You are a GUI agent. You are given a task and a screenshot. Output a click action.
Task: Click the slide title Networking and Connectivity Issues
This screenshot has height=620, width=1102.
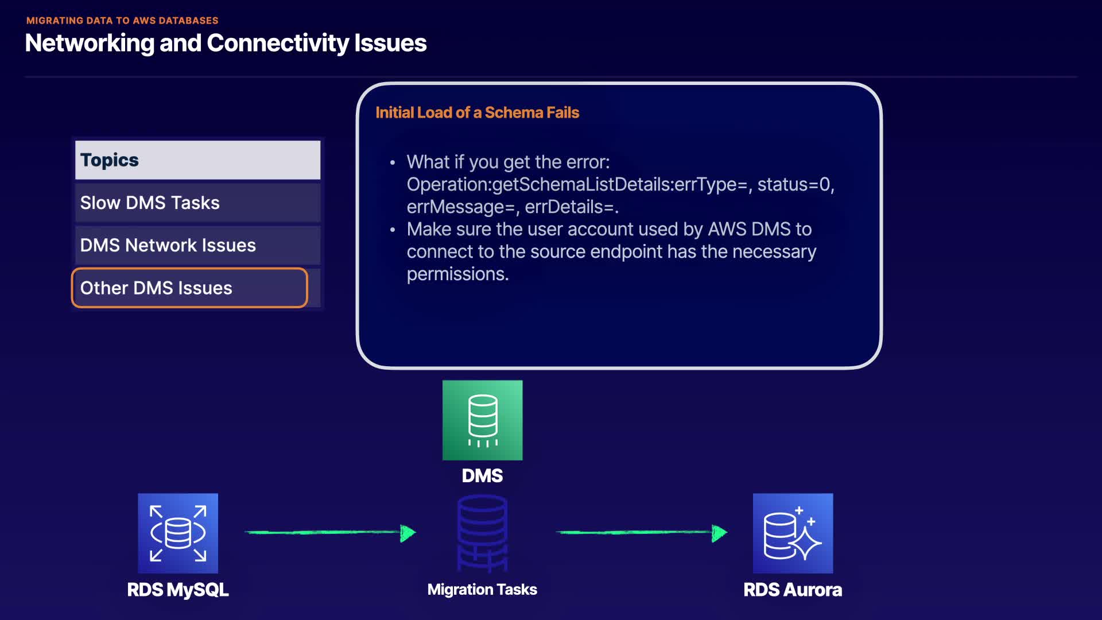pos(226,43)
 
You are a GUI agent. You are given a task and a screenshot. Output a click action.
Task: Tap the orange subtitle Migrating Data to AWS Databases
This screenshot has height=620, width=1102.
pos(122,21)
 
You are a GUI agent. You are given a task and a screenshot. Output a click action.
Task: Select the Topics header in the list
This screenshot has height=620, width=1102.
pos(197,160)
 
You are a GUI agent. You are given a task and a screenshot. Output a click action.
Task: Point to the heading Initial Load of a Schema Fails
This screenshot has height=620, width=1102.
pos(477,113)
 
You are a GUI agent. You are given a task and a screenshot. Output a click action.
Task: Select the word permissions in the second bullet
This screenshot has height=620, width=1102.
pos(457,274)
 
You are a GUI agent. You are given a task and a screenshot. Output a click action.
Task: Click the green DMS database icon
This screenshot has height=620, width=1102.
pos(482,420)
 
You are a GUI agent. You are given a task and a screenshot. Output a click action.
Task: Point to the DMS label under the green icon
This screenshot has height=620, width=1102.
pos(482,476)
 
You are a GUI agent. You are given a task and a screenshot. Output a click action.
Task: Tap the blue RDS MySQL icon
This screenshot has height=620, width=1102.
pos(178,533)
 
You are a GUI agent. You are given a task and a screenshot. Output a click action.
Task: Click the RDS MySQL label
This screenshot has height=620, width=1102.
pos(178,590)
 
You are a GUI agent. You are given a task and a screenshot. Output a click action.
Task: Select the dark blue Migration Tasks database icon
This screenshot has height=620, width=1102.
pos(482,533)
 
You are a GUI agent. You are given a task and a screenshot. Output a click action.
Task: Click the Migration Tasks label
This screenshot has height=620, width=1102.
pos(482,590)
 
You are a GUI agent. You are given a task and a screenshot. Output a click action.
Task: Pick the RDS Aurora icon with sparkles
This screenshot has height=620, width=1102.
pos(793,533)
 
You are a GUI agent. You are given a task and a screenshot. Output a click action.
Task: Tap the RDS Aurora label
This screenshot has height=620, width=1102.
pos(793,590)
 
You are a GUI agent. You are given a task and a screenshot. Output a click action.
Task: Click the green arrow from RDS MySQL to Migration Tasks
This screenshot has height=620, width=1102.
pos(330,533)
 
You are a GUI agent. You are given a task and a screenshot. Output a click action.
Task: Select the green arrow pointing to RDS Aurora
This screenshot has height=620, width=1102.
pos(641,533)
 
